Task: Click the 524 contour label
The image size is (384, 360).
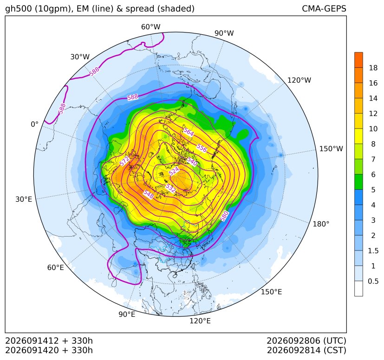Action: tap(174, 171)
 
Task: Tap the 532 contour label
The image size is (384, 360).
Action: tap(170, 188)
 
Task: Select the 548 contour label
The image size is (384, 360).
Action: tap(149, 194)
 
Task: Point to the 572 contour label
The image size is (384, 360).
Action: tap(124, 161)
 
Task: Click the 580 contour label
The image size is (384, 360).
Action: tap(224, 216)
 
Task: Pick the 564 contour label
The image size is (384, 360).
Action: tap(189, 132)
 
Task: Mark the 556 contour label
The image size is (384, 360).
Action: tap(202, 148)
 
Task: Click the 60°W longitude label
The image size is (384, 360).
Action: tap(150, 27)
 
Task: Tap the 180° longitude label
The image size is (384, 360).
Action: tap(321, 224)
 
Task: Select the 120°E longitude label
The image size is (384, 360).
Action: tap(200, 321)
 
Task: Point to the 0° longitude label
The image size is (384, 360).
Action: tap(34, 124)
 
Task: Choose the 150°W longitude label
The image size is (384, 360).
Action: tap(331, 148)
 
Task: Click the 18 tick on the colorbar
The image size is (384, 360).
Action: tap(373, 68)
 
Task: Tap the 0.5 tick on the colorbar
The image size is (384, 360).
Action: tap(373, 281)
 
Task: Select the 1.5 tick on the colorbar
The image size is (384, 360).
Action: tap(373, 251)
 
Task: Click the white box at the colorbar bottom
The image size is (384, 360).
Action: tap(358, 289)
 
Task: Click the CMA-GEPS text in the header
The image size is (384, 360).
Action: tap(324, 8)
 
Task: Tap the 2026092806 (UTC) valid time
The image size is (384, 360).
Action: tap(306, 341)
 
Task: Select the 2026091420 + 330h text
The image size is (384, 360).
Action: tap(49, 350)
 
